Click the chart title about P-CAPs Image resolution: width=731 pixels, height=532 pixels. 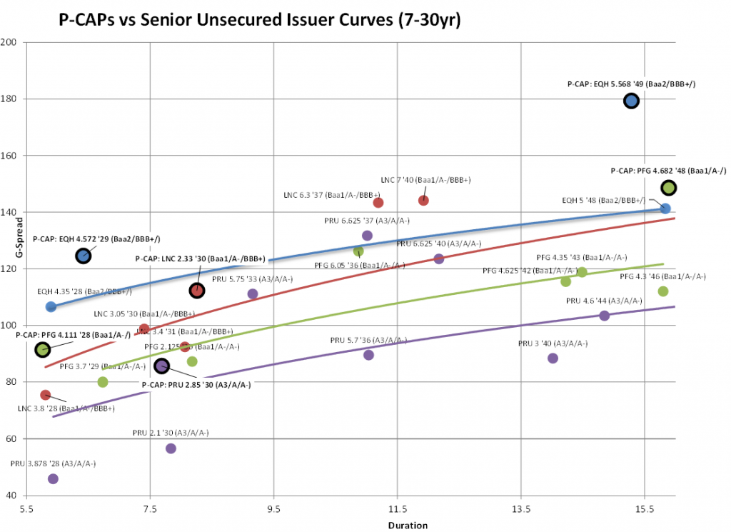pos(260,21)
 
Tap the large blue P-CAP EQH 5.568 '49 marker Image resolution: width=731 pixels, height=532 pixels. pos(631,101)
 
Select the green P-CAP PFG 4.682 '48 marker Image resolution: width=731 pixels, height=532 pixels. pos(669,188)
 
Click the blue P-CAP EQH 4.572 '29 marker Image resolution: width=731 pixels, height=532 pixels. pos(84,256)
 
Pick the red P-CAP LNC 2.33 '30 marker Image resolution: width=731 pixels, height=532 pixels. pos(197,290)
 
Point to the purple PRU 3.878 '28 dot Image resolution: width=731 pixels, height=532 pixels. pos(53,478)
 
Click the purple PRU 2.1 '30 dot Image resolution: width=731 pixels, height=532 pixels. pos(171,448)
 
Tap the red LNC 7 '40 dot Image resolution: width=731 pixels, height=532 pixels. pos(423,200)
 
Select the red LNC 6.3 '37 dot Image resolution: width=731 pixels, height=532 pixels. pos(378,203)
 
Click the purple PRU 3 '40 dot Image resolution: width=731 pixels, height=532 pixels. pos(553,358)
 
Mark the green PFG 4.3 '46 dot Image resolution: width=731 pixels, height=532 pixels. pos(662,291)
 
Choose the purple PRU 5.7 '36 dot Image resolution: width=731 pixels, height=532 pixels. pos(368,355)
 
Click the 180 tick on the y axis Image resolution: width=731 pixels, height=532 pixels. pos(13,99)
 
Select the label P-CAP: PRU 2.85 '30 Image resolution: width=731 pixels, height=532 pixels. pos(196,384)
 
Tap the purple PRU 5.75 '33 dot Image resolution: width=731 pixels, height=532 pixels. pos(253,294)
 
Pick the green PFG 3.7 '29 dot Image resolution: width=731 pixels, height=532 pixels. pos(103,382)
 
